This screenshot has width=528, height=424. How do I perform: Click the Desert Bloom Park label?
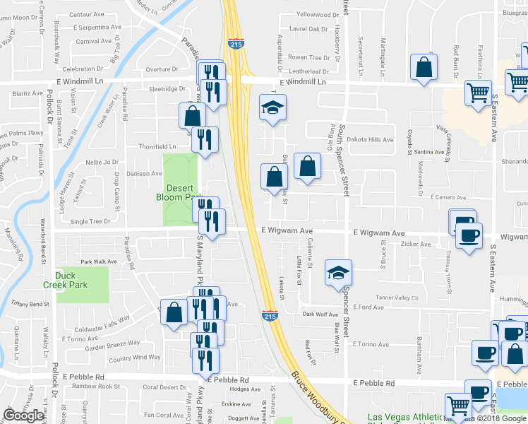click(x=179, y=192)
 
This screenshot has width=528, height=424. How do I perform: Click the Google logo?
click(x=23, y=416)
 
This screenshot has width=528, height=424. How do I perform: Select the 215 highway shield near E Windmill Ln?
click(x=236, y=45)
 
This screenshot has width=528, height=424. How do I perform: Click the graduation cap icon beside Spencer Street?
click(x=338, y=273)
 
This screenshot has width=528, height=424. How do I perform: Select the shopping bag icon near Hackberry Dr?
click(x=423, y=69)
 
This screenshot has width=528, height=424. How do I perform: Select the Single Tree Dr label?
click(x=90, y=221)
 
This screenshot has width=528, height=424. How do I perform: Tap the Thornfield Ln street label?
click(x=157, y=146)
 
